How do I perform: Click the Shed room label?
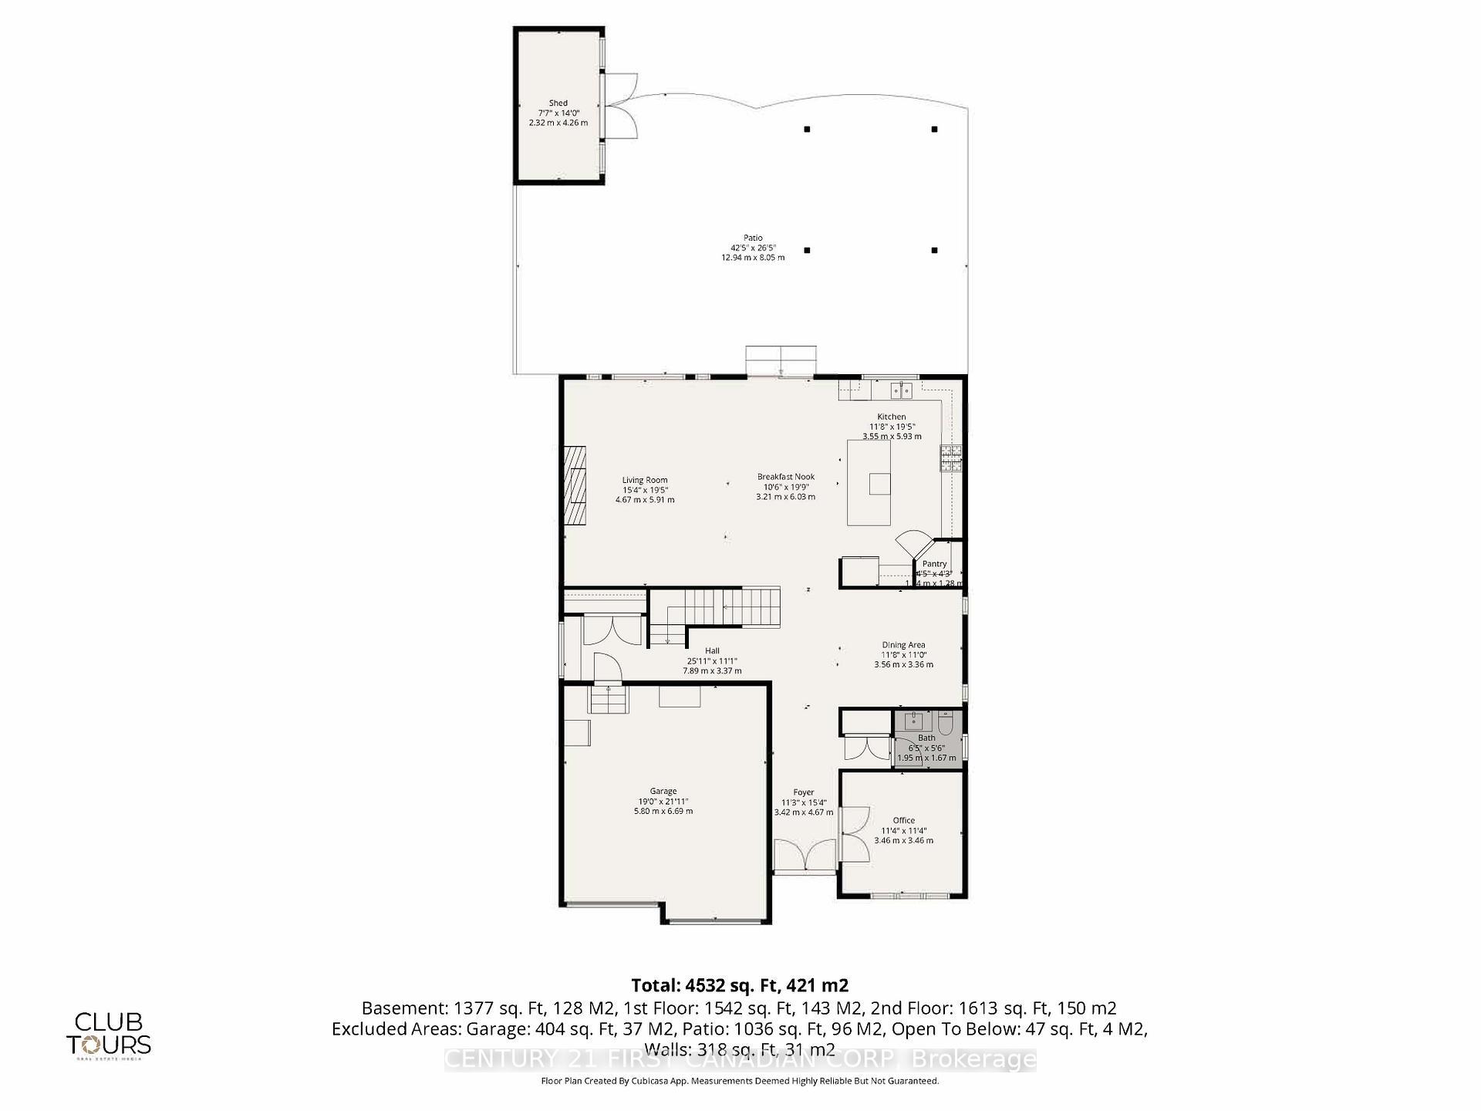pyautogui.click(x=558, y=103)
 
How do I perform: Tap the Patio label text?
pyautogui.click(x=753, y=238)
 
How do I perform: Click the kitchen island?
pyautogui.click(x=869, y=482)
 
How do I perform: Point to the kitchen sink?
pyautogui.click(x=901, y=390)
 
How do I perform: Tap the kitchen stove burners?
pyautogui.click(x=950, y=459)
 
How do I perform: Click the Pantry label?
pyautogui.click(x=934, y=564)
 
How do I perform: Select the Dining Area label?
pyautogui.click(x=903, y=645)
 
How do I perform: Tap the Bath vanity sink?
pyautogui.click(x=914, y=721)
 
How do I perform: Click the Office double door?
pyautogui.click(x=854, y=833)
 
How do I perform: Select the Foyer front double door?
pyautogui.click(x=805, y=857)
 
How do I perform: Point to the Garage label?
pyautogui.click(x=663, y=791)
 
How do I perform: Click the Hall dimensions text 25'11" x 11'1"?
pyautogui.click(x=712, y=661)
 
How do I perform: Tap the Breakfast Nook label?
pyautogui.click(x=785, y=477)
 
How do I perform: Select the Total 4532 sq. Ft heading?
pyautogui.click(x=740, y=985)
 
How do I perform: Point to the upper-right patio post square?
pyautogui.click(x=934, y=129)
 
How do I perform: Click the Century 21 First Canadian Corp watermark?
pyautogui.click(x=740, y=1060)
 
